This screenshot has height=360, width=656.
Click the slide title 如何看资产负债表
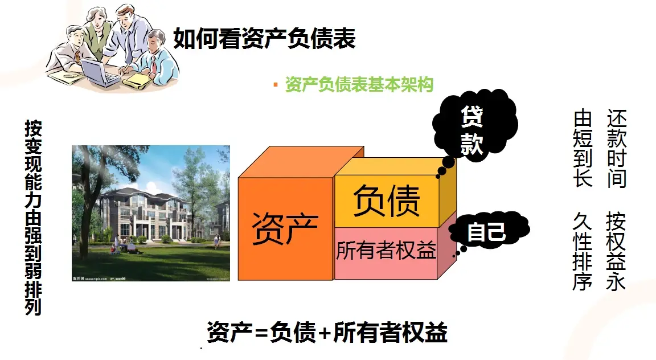(x=264, y=39)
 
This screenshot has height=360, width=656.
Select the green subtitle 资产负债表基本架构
(x=359, y=85)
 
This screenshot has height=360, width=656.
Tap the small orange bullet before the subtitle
(x=276, y=85)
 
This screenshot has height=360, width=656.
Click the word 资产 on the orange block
(x=284, y=228)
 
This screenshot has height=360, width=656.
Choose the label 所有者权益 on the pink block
(x=386, y=250)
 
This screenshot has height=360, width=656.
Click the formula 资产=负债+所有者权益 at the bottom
(x=327, y=332)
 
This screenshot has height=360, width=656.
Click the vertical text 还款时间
(x=616, y=149)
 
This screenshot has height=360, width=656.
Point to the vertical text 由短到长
(x=583, y=149)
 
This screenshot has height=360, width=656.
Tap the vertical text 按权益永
(x=616, y=251)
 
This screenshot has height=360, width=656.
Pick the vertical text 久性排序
(x=583, y=251)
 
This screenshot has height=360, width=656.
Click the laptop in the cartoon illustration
(x=99, y=71)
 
